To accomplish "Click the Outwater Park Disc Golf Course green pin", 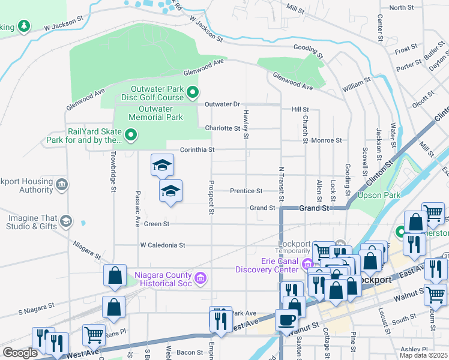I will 193,92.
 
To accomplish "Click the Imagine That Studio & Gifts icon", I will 65,222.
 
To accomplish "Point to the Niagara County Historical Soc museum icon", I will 201,278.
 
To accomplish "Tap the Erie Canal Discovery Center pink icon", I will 308,263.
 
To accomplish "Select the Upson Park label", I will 379,196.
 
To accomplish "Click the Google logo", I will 20,353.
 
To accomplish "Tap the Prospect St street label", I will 211,197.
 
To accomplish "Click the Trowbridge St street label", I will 112,171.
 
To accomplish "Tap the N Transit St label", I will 280,183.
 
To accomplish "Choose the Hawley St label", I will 246,124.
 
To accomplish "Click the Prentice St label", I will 246,191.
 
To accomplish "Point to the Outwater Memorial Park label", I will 160,113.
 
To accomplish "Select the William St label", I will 357,85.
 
